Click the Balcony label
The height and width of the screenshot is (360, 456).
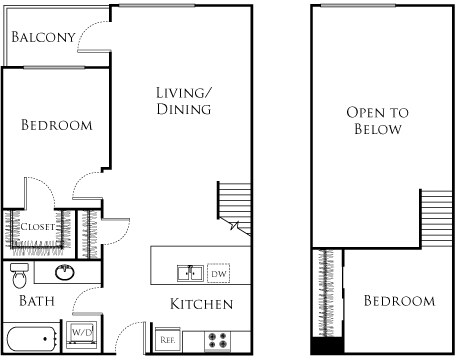43,38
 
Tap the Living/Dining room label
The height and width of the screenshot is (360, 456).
183,101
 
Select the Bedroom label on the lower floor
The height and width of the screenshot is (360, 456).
57,126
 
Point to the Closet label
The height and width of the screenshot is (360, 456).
38,227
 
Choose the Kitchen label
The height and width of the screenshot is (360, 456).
201,303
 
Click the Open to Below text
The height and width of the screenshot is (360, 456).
374,121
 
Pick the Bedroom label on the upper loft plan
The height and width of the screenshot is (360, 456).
398,301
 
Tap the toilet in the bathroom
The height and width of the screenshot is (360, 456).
19,273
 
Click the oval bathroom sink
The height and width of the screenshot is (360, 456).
66,272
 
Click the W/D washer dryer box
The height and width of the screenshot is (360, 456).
81,333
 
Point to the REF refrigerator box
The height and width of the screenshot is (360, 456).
167,340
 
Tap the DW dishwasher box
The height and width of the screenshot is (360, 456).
218,272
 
